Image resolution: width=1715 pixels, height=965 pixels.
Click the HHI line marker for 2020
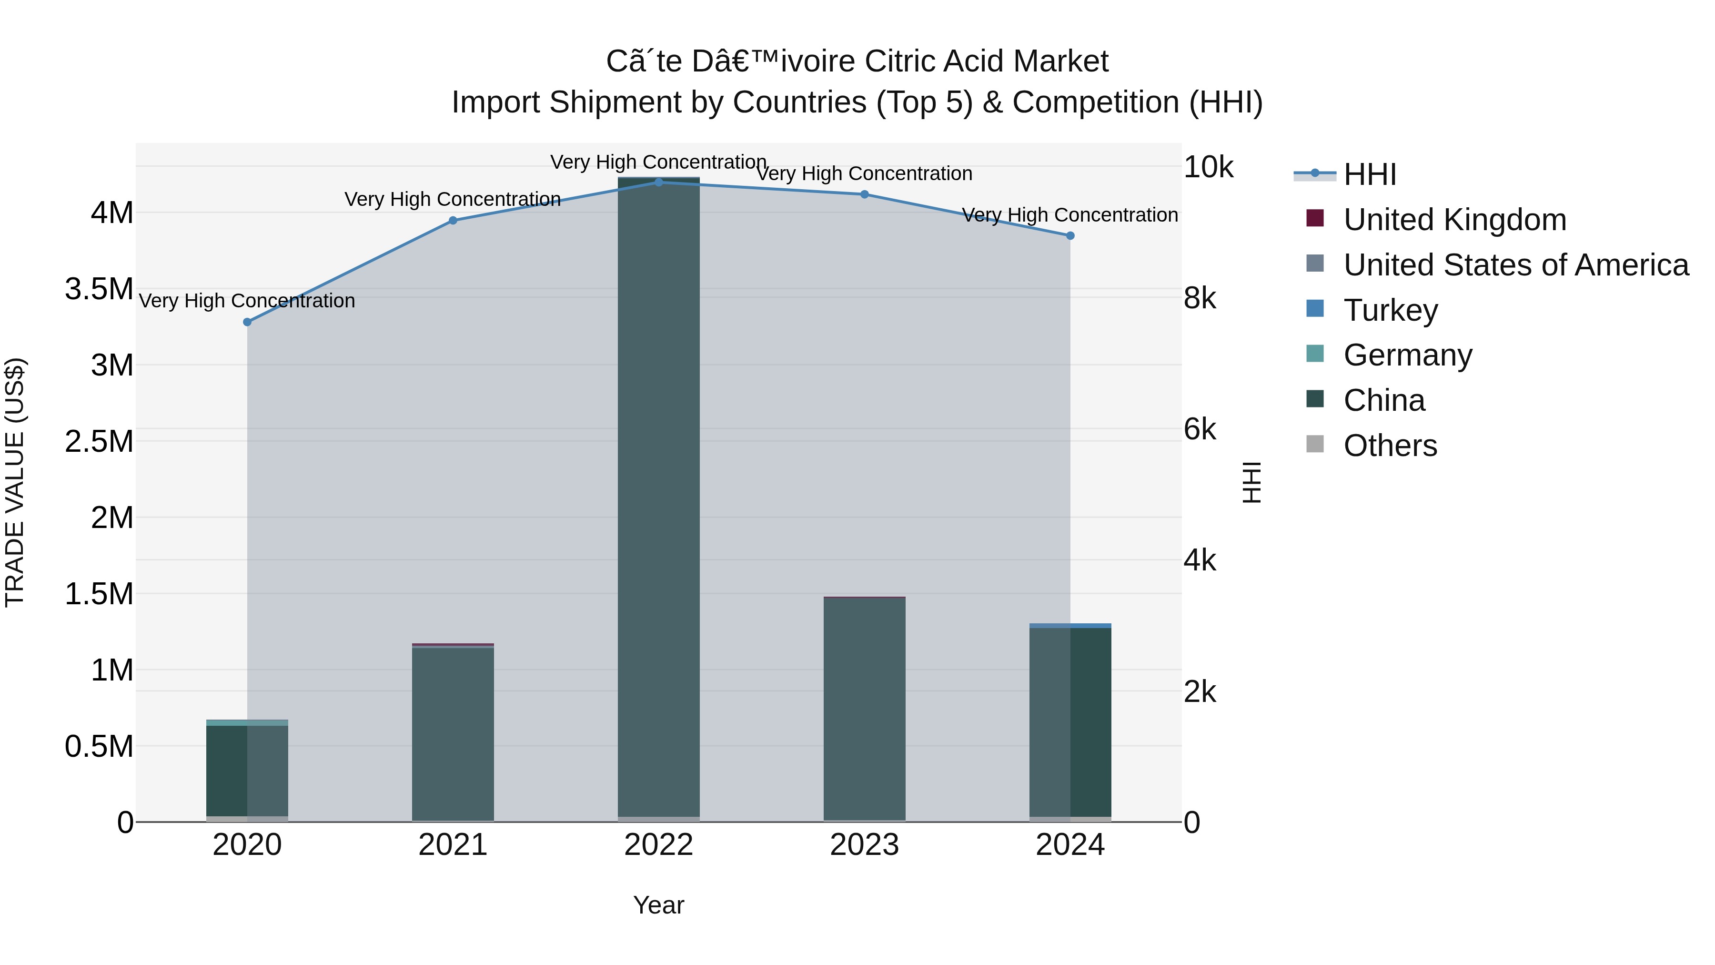[x=247, y=322]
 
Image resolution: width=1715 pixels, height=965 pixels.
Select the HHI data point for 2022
[x=658, y=182]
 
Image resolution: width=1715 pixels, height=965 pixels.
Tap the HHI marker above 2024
[x=1070, y=236]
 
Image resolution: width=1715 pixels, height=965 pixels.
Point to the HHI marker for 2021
[x=453, y=221]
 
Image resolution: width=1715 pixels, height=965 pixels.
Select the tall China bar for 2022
[x=658, y=499]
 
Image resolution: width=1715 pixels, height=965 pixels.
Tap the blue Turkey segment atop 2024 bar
[x=1070, y=625]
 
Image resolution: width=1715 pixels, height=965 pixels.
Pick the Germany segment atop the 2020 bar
[x=247, y=722]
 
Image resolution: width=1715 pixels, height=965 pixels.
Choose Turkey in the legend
[x=1390, y=310]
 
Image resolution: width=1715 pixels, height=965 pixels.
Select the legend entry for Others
[x=1390, y=446]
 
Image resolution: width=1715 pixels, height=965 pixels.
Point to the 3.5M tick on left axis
[x=99, y=289]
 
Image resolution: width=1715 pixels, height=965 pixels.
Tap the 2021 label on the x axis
[x=453, y=845]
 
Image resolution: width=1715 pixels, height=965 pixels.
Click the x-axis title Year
[x=658, y=905]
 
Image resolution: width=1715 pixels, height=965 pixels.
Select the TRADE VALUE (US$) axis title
[x=15, y=482]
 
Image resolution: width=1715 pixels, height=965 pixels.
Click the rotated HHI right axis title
[x=1251, y=482]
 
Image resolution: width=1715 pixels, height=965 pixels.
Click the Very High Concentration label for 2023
[x=864, y=174]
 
